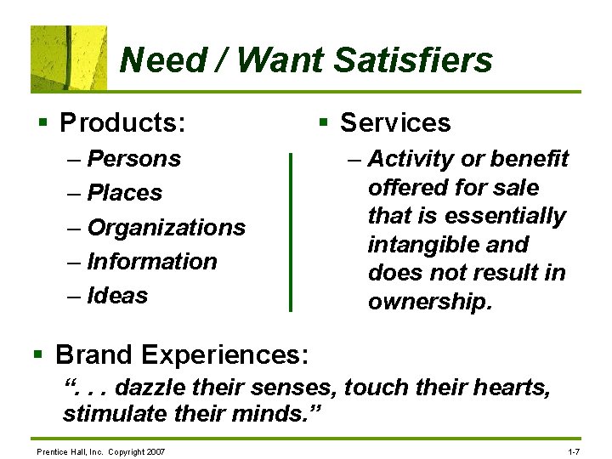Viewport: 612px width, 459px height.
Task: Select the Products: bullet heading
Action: point(122,123)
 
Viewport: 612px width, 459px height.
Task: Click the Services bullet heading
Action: point(395,123)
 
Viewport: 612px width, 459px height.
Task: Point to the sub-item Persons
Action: point(134,159)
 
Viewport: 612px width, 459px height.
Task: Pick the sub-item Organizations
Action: point(166,227)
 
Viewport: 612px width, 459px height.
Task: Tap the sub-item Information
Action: point(152,261)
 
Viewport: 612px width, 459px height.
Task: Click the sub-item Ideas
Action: point(117,295)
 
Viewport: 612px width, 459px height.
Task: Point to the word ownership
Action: point(429,302)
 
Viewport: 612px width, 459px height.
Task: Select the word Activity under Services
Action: point(411,159)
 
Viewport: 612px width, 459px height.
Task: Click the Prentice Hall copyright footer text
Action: point(100,450)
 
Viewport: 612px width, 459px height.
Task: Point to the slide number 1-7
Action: point(573,450)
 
